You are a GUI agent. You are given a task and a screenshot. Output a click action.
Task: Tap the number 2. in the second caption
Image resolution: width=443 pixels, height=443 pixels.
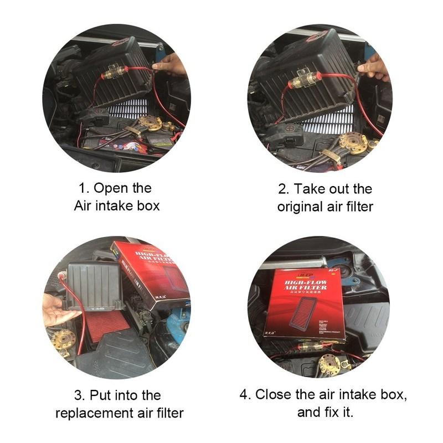[284, 189]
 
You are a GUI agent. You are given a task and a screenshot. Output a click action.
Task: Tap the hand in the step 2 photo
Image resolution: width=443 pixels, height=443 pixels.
[375, 68]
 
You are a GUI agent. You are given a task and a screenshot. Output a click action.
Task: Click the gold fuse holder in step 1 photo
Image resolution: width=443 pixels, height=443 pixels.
[115, 73]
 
